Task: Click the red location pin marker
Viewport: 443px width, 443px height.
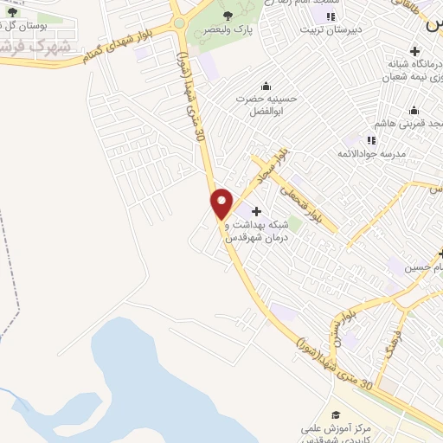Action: pyautogui.click(x=222, y=202)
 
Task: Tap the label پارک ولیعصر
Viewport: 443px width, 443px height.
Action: pyautogui.click(x=228, y=29)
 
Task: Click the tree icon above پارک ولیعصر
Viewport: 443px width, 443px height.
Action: pyautogui.click(x=228, y=16)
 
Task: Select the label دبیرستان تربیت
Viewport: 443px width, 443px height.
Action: pyautogui.click(x=322, y=29)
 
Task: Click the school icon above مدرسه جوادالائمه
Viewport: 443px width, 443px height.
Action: pyautogui.click(x=371, y=139)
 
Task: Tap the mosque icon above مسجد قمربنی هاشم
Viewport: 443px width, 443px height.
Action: pyautogui.click(x=414, y=110)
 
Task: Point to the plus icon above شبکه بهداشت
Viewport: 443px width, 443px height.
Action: pyautogui.click(x=255, y=211)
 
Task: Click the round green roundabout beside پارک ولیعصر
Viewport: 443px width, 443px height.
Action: pyautogui.click(x=178, y=23)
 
